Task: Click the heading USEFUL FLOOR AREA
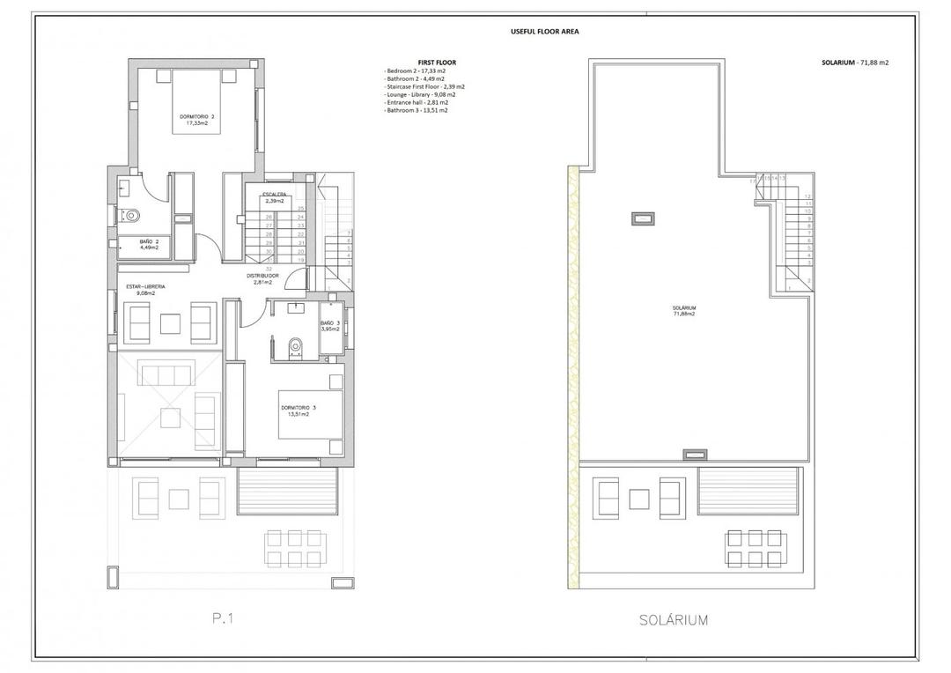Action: click(x=544, y=32)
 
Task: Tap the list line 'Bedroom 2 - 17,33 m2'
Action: click(x=416, y=70)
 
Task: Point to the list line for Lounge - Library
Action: click(x=419, y=94)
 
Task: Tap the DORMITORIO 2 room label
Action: click(x=196, y=116)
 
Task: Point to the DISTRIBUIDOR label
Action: click(x=262, y=276)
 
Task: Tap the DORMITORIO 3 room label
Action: click(x=299, y=408)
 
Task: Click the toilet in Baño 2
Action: click(x=131, y=213)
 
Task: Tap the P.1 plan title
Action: click(x=225, y=619)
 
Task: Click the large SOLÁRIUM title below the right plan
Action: click(x=673, y=620)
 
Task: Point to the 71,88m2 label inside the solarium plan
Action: click(x=684, y=314)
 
